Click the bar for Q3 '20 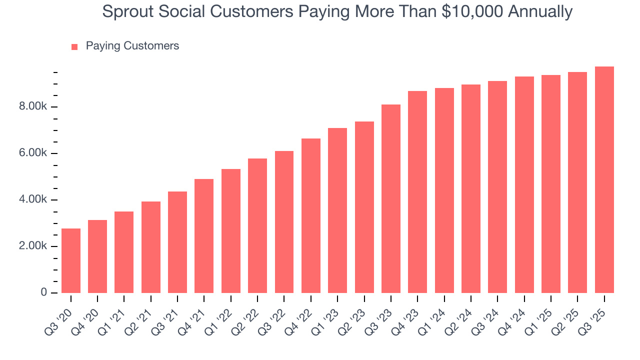(x=71, y=260)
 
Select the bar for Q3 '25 (x=604, y=179)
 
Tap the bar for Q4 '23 (x=417, y=192)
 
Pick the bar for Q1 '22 (x=231, y=231)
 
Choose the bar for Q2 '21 (x=151, y=247)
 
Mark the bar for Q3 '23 (x=391, y=198)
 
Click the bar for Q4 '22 (x=311, y=215)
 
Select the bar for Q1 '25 (x=551, y=184)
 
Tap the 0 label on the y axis (x=44, y=292)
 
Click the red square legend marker (x=74, y=46)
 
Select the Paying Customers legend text (x=132, y=46)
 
